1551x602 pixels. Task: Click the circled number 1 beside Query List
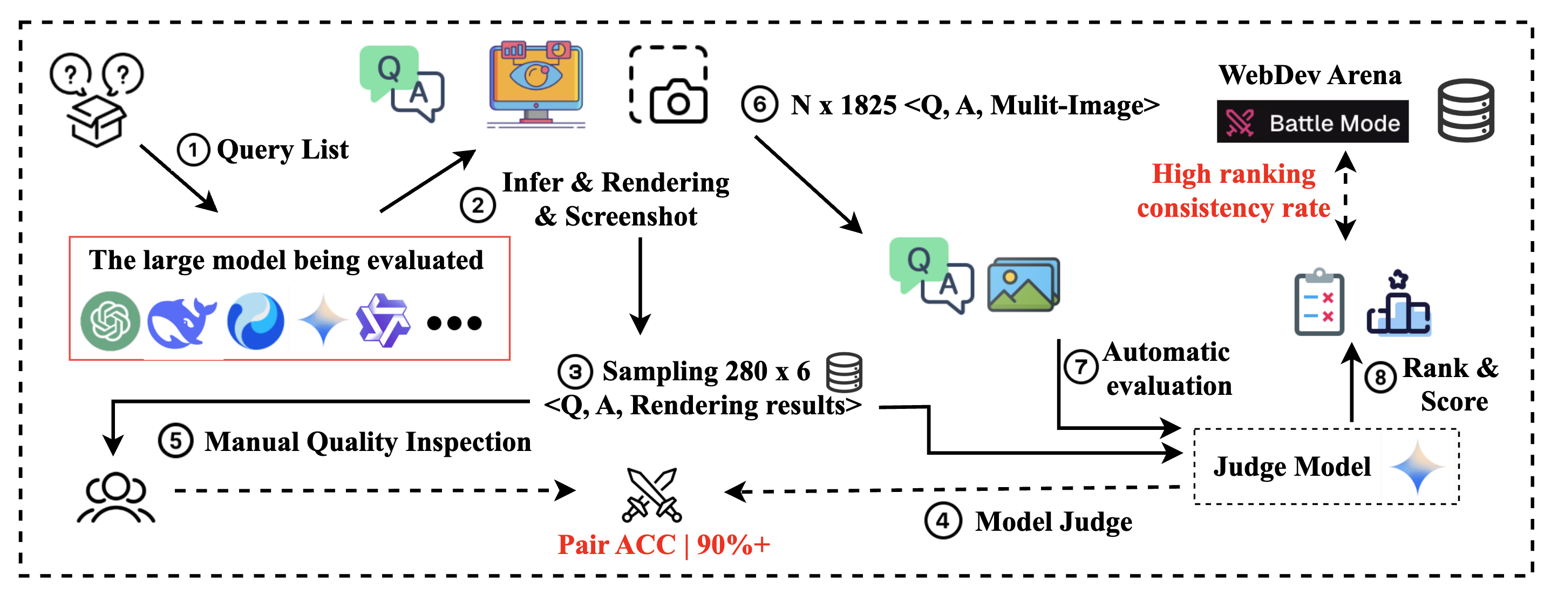point(193,150)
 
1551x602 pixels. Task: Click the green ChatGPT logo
point(110,321)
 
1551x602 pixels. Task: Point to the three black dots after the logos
point(454,323)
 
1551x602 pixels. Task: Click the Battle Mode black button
point(1312,122)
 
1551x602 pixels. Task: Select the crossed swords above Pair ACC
point(651,494)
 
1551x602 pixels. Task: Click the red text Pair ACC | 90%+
point(663,545)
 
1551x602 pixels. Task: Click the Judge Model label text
point(1291,467)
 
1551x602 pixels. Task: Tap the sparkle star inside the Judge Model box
point(1417,468)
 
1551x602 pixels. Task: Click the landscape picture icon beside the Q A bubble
point(1023,285)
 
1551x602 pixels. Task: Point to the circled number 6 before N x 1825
point(759,105)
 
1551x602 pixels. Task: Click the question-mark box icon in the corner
point(97,99)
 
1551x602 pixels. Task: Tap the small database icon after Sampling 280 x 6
point(844,373)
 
